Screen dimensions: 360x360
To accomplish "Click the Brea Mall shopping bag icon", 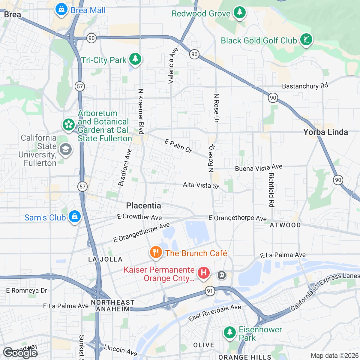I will (61, 10).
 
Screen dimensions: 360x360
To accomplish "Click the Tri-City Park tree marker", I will (135, 59).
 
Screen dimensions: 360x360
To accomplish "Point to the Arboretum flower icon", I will (69, 125).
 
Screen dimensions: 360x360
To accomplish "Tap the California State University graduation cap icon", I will (66, 149).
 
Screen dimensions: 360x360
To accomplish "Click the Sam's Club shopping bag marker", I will (75, 217).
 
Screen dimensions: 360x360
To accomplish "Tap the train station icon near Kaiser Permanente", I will (222, 275).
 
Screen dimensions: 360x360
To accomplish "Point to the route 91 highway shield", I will (210, 291).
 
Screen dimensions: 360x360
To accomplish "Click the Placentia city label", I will (143, 205).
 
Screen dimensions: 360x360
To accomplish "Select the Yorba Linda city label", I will (325, 132).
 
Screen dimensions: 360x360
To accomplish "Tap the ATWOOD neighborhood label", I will (285, 225).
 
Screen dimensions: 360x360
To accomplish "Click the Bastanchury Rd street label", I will (305, 86).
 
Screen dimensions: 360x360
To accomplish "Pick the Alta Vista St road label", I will (201, 185).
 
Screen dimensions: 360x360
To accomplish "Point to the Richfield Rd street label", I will (271, 190).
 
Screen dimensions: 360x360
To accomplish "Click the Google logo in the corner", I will (20, 353).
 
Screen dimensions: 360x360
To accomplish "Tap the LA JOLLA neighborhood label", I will (105, 259).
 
